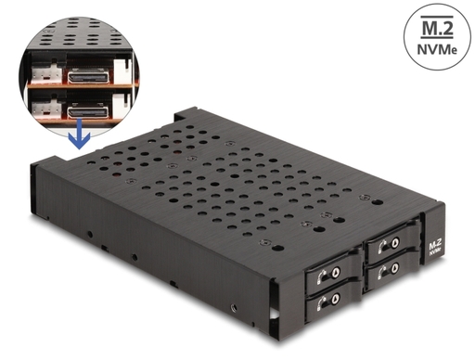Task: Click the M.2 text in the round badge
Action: (437, 27)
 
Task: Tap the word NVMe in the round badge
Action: (437, 49)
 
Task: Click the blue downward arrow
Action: (79, 134)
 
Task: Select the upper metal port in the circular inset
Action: (88, 76)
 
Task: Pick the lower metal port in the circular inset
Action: (88, 111)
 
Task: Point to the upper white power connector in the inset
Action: (47, 74)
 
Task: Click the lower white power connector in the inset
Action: (47, 109)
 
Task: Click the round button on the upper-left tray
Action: (336, 272)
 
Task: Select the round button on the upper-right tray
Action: (395, 242)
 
